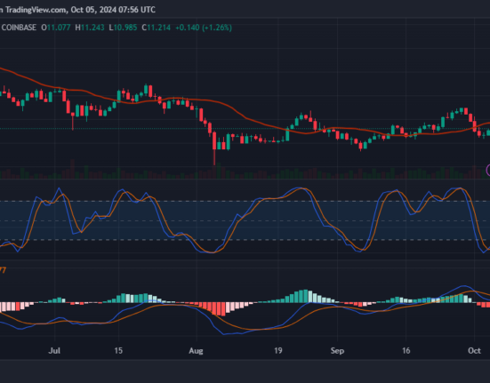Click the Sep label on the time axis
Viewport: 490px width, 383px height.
click(x=337, y=352)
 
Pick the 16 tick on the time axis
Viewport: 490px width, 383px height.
click(x=405, y=352)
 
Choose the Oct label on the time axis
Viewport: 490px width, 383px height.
click(x=475, y=352)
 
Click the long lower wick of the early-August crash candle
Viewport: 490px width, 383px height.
click(x=214, y=156)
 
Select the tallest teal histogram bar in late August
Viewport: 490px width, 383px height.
click(x=307, y=295)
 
